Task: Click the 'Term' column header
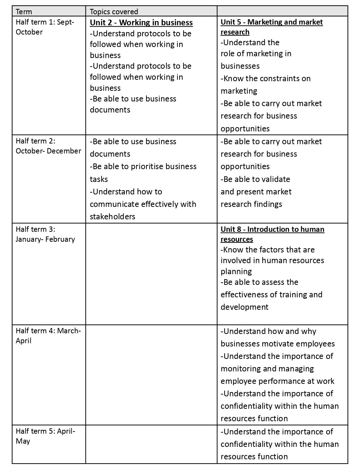[x=24, y=12]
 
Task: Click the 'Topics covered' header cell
[x=114, y=12]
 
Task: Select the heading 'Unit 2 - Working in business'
[x=141, y=23]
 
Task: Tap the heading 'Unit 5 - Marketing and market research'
[x=272, y=27]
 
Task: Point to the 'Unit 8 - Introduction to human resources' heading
[x=272, y=234]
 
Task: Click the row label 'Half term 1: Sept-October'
[x=45, y=27]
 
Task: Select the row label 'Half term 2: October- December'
[x=48, y=146]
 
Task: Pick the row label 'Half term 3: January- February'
[x=45, y=234]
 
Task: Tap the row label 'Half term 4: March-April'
[x=48, y=336]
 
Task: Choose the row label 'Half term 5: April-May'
[x=45, y=436]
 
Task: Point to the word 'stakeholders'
[x=112, y=216]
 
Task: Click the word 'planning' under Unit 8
[x=236, y=271]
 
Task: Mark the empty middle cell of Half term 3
[x=151, y=273]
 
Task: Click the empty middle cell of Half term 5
[x=151, y=444]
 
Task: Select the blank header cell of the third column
[x=282, y=11]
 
